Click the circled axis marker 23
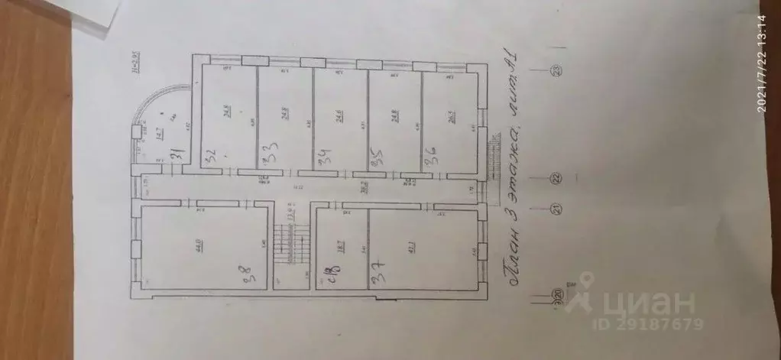[556, 72]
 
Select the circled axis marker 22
[556, 178]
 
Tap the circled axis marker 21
[556, 207]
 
